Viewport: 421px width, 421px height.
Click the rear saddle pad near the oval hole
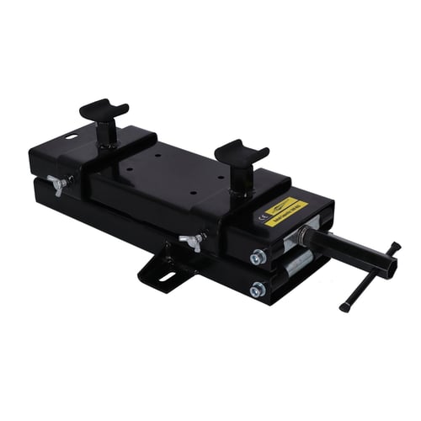(x=104, y=109)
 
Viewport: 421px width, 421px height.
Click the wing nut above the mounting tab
(x=193, y=242)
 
